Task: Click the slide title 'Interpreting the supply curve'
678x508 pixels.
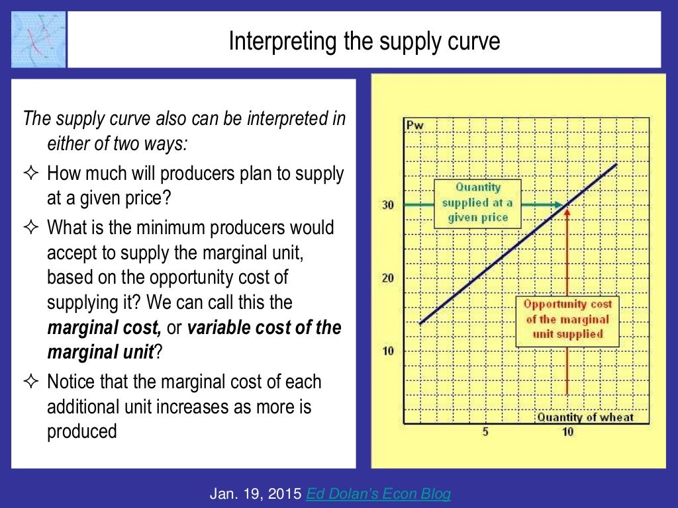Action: (364, 42)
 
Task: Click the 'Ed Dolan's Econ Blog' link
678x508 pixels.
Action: (377, 493)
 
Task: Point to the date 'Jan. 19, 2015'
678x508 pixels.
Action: (255, 493)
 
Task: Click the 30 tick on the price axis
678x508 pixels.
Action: (387, 205)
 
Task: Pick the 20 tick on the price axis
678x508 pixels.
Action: (387, 278)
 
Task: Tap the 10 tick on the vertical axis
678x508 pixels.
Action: (387, 351)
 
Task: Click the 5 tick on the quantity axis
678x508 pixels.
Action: (485, 432)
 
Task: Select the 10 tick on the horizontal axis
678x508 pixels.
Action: (568, 432)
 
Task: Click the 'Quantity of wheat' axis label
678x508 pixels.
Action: (585, 417)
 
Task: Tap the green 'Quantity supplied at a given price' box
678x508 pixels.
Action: (477, 203)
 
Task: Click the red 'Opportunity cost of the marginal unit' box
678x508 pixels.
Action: (567, 319)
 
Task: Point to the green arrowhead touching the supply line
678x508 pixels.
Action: (559, 205)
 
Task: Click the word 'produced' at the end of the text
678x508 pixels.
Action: (81, 431)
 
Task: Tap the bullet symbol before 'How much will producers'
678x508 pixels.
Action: (32, 175)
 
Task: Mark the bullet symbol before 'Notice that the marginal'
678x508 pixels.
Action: (32, 382)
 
